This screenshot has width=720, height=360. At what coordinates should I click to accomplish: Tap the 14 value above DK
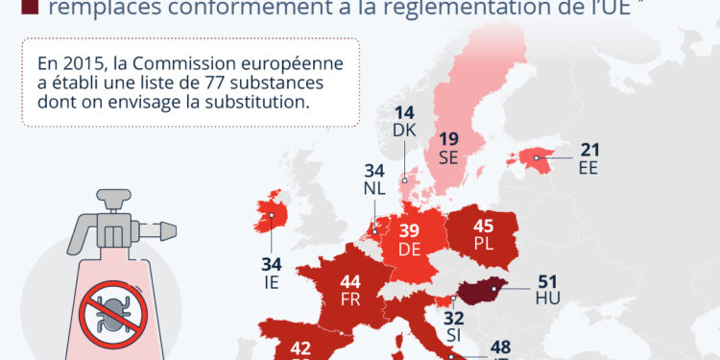tap(403, 111)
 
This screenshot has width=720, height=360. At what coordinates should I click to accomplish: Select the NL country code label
tap(374, 188)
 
